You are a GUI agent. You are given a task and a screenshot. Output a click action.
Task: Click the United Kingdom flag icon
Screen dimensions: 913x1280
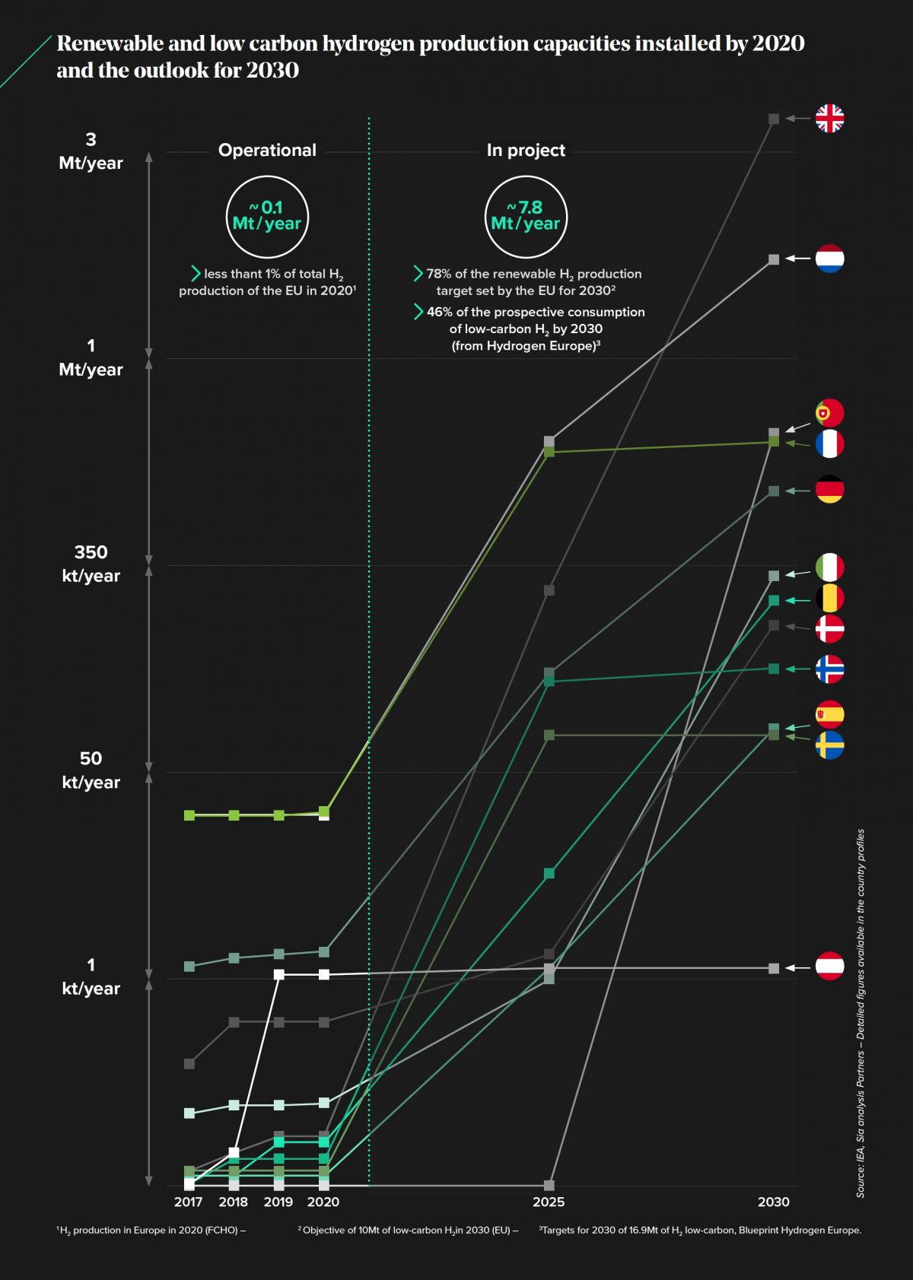pos(829,119)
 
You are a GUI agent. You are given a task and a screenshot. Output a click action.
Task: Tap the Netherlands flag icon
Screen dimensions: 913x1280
pos(829,259)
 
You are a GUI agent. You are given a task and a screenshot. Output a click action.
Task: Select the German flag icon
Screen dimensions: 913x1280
pos(829,489)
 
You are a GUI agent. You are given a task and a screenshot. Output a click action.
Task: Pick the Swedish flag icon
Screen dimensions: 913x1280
pos(829,745)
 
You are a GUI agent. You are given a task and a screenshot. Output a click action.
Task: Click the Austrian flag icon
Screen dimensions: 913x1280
pos(829,966)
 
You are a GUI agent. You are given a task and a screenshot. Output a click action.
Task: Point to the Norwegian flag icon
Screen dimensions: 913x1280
pos(829,669)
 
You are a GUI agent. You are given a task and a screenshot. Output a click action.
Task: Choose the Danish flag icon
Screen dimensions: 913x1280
pos(829,628)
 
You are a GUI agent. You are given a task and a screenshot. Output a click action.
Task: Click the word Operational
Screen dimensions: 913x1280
pos(267,150)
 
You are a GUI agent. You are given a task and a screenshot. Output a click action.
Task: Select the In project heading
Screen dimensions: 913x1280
pos(526,150)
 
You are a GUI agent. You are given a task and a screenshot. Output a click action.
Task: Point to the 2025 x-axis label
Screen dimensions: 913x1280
pos(549,1201)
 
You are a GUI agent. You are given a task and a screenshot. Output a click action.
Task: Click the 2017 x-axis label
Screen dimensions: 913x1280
pos(188,1201)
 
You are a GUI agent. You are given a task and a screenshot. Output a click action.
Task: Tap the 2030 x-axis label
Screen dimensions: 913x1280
pos(774,1201)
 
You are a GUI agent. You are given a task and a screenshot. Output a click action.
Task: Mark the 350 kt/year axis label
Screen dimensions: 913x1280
pos(91,564)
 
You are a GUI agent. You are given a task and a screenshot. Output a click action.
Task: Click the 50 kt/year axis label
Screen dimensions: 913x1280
pos(91,770)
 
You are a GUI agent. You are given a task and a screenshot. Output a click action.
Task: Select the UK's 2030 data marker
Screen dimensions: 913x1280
pos(774,119)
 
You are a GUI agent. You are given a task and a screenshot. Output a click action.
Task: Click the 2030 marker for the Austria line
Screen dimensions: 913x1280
pos(774,968)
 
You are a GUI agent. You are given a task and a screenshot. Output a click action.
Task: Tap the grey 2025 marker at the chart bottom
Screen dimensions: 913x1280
pos(549,1185)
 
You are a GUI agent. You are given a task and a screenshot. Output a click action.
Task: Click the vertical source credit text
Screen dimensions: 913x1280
pos(861,1013)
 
